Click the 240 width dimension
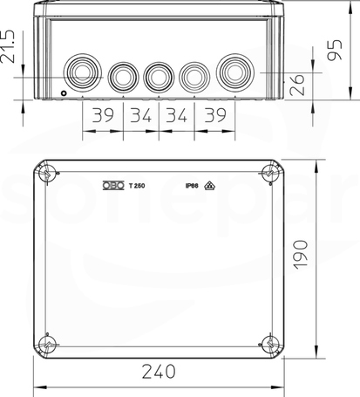(159, 372)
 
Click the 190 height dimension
(301, 255)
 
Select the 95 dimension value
(335, 50)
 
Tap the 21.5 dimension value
(8, 46)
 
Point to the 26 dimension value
(297, 85)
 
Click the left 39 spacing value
(103, 115)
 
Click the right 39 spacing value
(215, 115)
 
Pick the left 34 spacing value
(141, 115)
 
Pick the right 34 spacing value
(176, 115)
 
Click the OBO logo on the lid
(113, 185)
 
